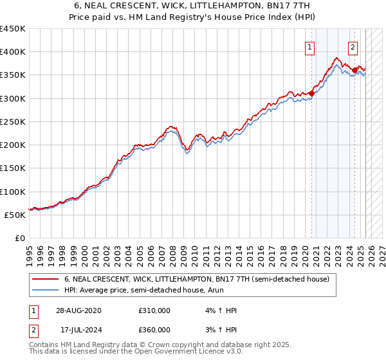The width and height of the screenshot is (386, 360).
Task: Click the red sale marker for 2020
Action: pos(311,93)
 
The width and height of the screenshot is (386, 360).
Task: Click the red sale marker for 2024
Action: pos(354,70)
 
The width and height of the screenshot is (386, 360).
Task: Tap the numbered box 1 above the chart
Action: pos(310,46)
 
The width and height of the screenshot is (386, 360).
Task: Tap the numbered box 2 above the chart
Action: pos(353,46)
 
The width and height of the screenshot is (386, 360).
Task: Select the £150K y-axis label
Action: pos(12,168)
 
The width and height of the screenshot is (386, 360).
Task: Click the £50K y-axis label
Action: pos(15,215)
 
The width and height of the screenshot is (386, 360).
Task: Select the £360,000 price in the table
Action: pos(154,330)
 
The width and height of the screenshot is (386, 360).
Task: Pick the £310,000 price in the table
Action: pos(154,310)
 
